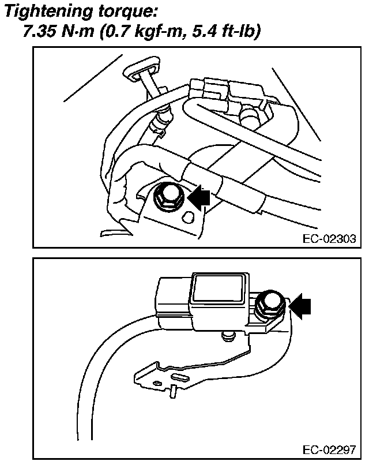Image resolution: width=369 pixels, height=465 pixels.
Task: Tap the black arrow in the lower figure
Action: pyautogui.click(x=299, y=306)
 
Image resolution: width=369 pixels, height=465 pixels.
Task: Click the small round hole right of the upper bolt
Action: pyautogui.click(x=188, y=217)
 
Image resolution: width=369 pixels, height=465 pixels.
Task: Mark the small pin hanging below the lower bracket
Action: pyautogui.click(x=174, y=392)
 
